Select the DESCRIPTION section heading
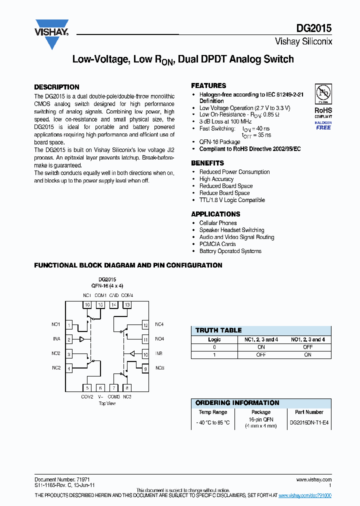[56, 86]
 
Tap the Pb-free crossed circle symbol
[322, 93]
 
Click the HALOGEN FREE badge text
[323, 125]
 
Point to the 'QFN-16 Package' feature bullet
[219, 142]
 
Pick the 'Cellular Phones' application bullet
[218, 223]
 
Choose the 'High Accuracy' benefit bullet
[216, 179]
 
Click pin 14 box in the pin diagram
[114, 304]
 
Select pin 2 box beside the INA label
[69, 339]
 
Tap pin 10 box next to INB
[145, 354]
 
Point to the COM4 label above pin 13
[127, 295]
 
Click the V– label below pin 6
[100, 396]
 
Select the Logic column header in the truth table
[214, 339]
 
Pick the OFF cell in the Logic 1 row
[260, 354]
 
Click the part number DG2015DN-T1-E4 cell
[309, 422]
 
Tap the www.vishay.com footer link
[314, 479]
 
